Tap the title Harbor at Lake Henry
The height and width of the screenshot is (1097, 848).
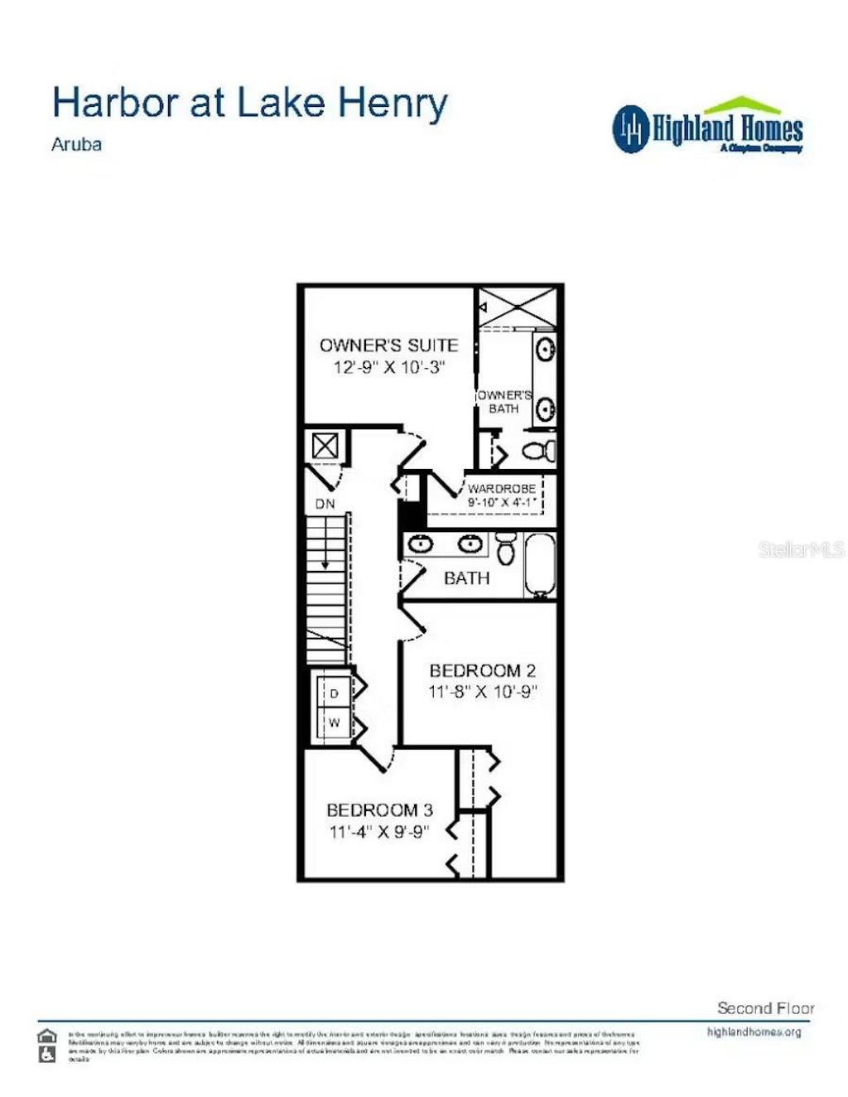(x=249, y=103)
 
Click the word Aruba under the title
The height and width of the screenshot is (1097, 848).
(x=76, y=144)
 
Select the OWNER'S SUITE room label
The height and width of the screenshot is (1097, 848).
(x=388, y=345)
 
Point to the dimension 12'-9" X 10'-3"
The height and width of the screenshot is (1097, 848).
(x=389, y=367)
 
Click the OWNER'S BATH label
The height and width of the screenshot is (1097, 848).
(x=503, y=402)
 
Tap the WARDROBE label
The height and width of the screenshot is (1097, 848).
(x=502, y=489)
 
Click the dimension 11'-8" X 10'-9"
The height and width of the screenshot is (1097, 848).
(x=483, y=691)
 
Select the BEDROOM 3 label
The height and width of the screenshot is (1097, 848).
(x=379, y=810)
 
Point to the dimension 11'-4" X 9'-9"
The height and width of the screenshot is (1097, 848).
(x=379, y=831)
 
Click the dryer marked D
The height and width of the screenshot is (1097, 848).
(x=335, y=693)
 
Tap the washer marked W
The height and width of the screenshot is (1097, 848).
(x=335, y=722)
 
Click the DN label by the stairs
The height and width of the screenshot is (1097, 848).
(x=325, y=504)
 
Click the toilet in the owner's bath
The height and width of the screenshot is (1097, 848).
(x=539, y=452)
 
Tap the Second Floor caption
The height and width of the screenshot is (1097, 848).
(x=765, y=1008)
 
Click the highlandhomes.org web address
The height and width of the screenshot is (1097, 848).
(x=754, y=1032)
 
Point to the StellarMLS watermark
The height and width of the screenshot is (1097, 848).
(x=801, y=549)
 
